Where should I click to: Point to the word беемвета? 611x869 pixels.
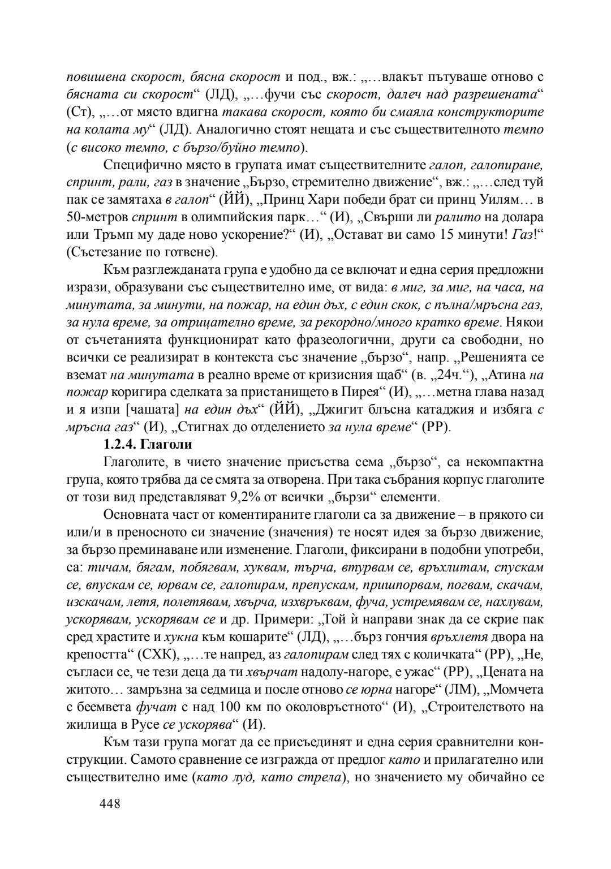tap(105, 706)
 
